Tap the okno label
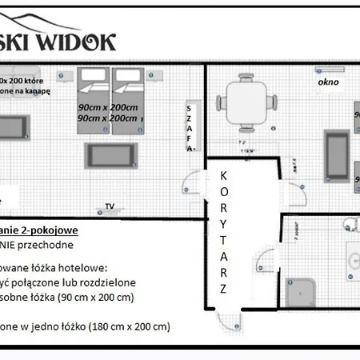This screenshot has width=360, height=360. (x=327, y=82)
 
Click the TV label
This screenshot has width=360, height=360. (x=110, y=206)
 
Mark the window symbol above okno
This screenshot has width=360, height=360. (x=328, y=66)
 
